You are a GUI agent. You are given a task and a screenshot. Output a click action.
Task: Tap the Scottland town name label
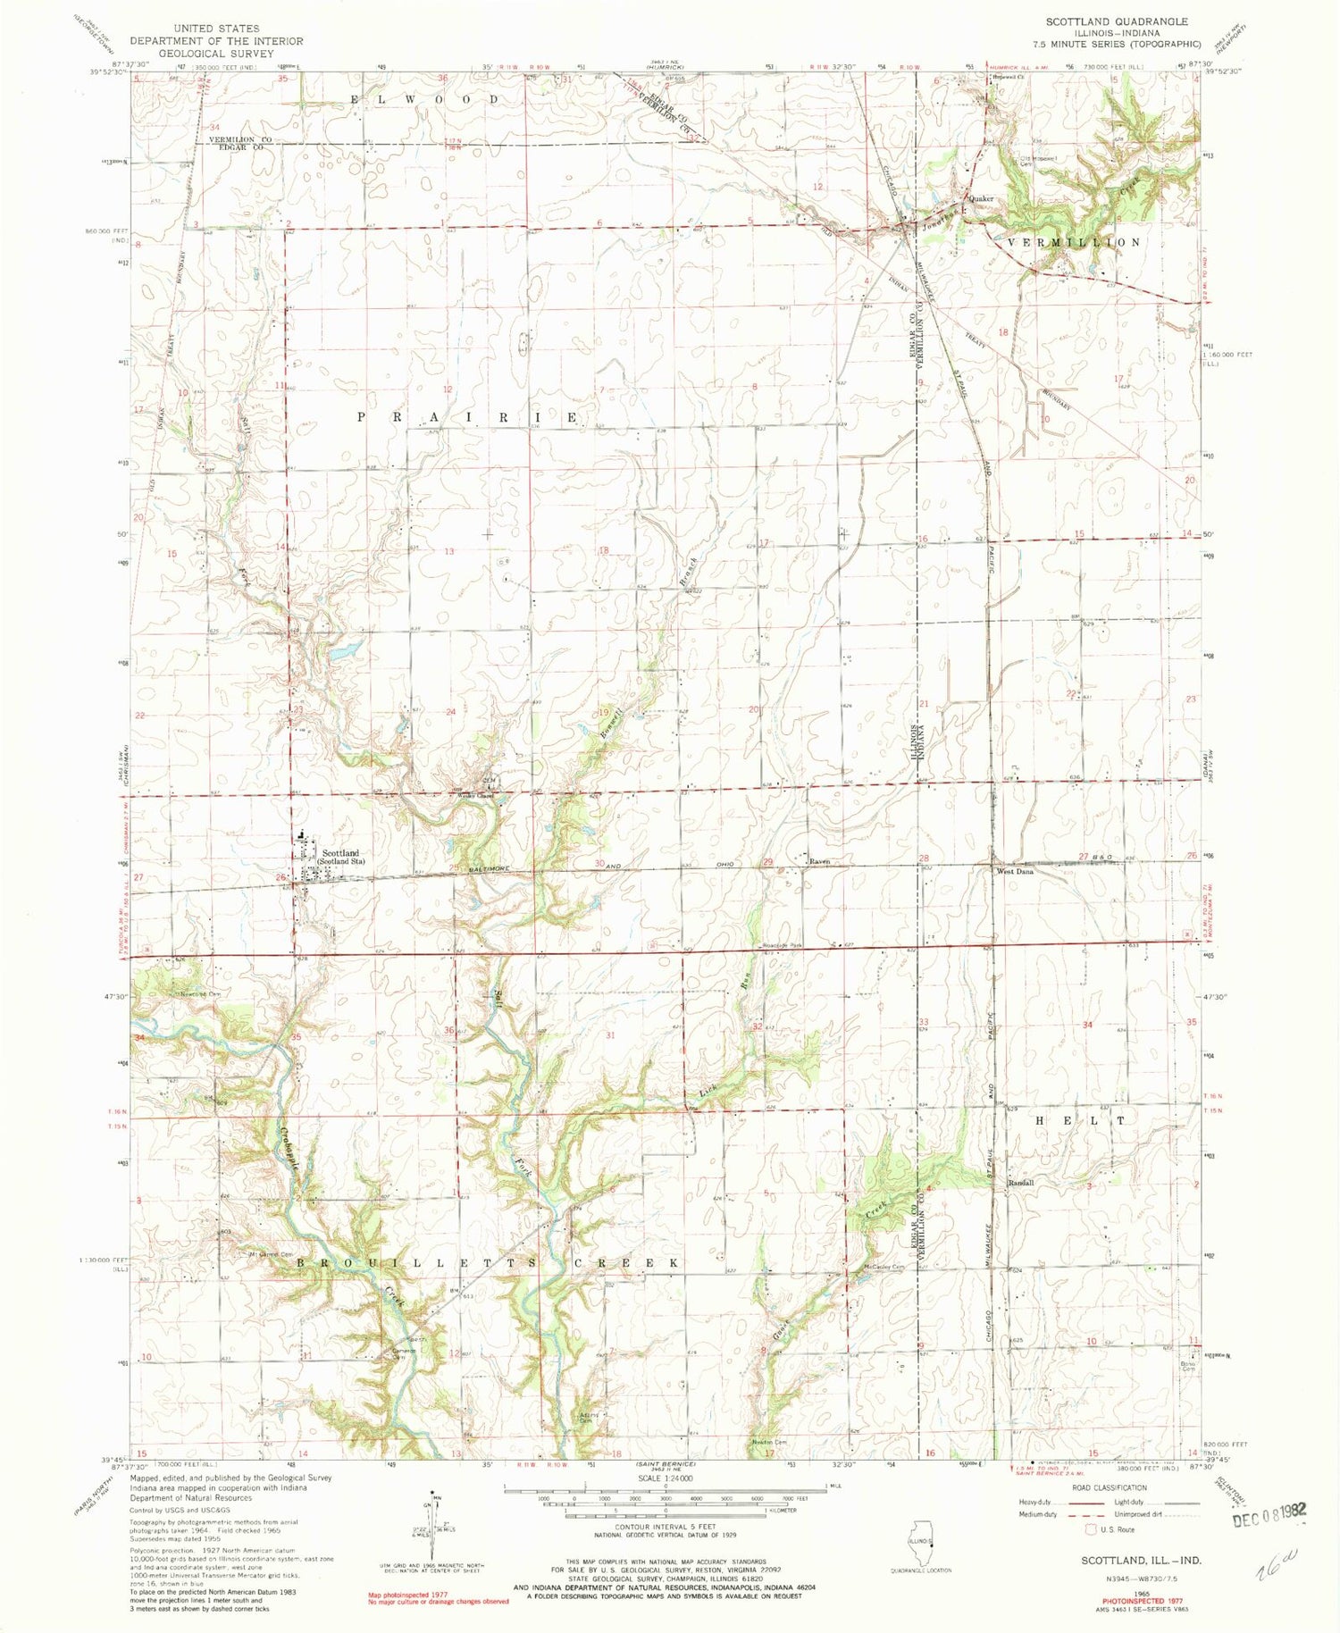pos(340,853)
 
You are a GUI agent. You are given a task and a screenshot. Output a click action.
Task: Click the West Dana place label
pos(1015,871)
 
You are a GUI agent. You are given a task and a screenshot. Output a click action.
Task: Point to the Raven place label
pos(819,862)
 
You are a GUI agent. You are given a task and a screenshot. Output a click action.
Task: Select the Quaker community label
pos(982,198)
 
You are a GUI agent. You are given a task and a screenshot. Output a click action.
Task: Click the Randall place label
pos(1021,1183)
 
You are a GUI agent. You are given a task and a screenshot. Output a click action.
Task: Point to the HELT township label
pos(1071,1119)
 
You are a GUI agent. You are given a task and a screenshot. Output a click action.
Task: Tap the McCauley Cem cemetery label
pos(884,1267)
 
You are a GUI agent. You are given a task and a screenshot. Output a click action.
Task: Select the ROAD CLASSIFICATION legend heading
pos(1105,1488)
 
